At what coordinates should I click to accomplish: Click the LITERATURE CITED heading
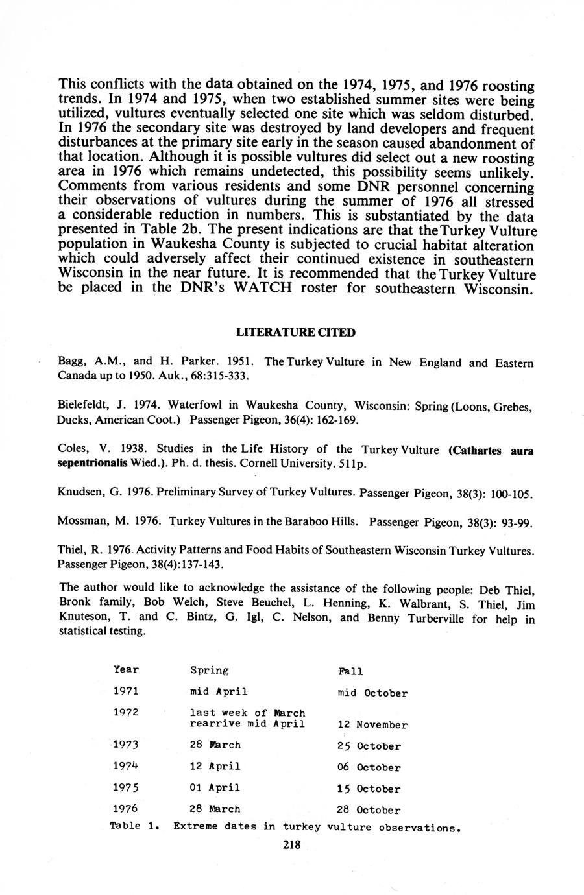[x=295, y=333]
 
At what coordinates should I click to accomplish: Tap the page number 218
[x=292, y=845]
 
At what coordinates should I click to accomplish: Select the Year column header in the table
[x=126, y=669]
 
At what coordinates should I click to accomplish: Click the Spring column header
[x=210, y=670]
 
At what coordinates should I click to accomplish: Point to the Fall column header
[x=350, y=671]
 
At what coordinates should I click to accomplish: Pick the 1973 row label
[x=126, y=745]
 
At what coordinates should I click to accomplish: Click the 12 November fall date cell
[x=372, y=725]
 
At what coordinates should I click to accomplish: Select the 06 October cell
[x=369, y=768]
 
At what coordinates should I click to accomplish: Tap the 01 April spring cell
[x=215, y=788]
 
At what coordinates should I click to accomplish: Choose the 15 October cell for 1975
[x=369, y=789]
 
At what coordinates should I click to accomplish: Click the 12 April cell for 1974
[x=215, y=767]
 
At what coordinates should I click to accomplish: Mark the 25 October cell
[x=369, y=746]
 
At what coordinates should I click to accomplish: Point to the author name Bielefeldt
[x=86, y=406]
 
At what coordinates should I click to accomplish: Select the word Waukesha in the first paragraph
[x=185, y=246]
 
